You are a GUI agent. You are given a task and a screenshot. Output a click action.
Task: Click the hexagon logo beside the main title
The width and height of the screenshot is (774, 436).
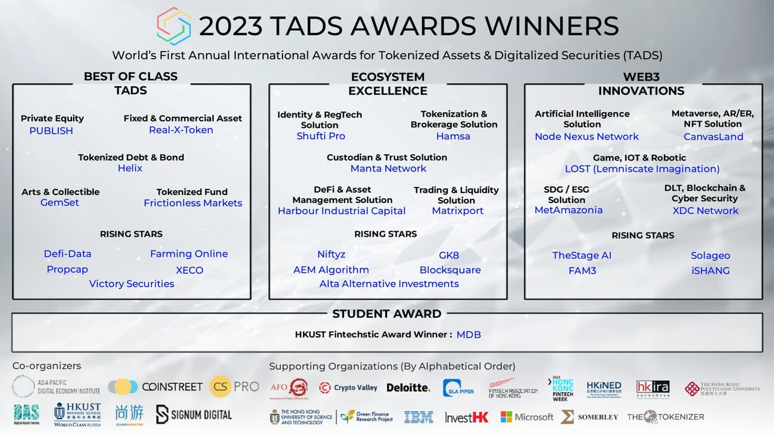click(x=174, y=26)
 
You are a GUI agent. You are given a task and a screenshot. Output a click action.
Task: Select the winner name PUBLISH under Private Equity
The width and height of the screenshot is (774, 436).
click(x=51, y=131)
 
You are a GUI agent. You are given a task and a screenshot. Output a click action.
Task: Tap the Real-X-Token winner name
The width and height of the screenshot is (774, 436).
click(x=181, y=130)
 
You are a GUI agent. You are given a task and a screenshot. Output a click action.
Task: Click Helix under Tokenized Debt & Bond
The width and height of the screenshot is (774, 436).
click(x=130, y=168)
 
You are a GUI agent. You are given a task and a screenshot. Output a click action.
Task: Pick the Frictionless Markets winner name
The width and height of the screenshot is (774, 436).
click(x=193, y=203)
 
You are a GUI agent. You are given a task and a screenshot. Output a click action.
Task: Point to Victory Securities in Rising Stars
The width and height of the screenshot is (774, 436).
click(x=131, y=283)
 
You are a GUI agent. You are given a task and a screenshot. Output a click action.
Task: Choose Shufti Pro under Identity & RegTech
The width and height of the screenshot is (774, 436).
click(x=320, y=136)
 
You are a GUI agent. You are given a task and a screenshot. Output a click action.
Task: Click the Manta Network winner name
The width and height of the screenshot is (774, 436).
click(x=388, y=168)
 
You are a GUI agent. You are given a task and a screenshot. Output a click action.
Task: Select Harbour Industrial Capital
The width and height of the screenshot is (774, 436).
click(x=342, y=211)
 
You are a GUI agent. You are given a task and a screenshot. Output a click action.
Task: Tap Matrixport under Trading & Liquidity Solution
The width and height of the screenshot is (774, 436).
click(x=458, y=211)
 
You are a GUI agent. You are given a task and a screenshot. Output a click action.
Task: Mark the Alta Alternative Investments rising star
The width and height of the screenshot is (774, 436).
click(x=389, y=283)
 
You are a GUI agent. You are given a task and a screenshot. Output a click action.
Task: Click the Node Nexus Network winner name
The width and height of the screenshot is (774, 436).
click(x=587, y=137)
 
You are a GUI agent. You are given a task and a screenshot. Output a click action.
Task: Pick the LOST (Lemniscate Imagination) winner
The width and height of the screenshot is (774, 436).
click(x=642, y=169)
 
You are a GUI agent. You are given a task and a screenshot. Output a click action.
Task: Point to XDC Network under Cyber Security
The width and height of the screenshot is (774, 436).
click(x=705, y=211)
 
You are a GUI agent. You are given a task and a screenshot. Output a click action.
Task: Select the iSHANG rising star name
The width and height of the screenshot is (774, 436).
click(x=711, y=271)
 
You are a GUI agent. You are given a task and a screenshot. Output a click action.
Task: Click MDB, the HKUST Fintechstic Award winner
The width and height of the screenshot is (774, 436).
click(x=469, y=334)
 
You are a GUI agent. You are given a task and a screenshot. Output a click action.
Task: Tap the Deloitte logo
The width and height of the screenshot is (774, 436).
click(x=408, y=388)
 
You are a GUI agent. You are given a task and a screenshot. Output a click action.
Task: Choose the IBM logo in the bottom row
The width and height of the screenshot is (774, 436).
click(x=418, y=417)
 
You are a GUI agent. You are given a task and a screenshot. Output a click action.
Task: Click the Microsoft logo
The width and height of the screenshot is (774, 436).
click(x=526, y=417)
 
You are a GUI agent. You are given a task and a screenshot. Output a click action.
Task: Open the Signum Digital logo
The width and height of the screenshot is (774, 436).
click(x=193, y=414)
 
